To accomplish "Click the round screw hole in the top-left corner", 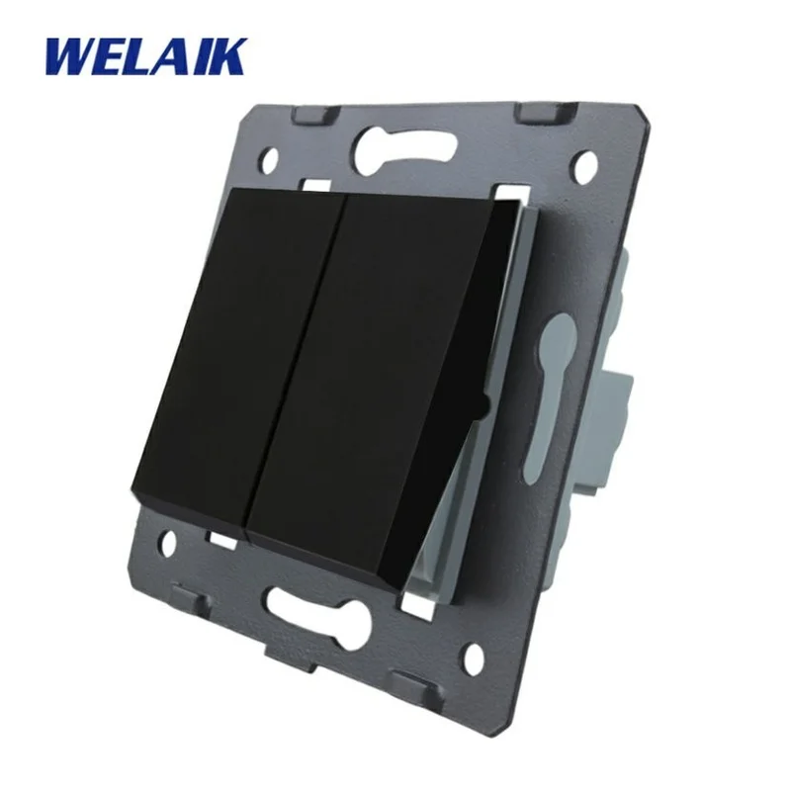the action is [x=272, y=160].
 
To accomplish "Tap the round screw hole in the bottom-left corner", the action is [x=169, y=541].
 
